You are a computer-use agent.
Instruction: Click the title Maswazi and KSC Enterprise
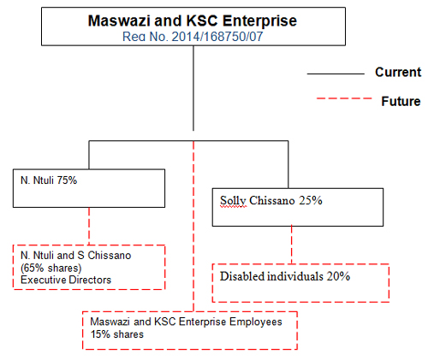tap(193, 21)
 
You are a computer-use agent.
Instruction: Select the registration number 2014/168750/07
tap(217, 37)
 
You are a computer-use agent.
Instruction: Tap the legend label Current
tap(398, 72)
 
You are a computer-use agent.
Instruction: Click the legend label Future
tap(401, 101)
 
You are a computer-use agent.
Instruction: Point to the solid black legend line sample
tap(336, 74)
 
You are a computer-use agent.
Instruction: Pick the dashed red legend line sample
tap(344, 98)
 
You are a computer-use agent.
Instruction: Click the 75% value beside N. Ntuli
tap(67, 180)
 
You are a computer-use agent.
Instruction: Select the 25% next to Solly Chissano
tap(311, 200)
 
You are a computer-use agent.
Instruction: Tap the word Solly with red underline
tap(233, 201)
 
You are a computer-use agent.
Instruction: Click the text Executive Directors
tap(66, 280)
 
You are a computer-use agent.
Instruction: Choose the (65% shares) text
tap(51, 268)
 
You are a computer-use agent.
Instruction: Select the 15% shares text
tap(117, 334)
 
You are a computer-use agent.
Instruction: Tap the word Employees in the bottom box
tap(256, 322)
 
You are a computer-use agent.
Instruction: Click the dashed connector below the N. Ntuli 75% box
tap(89, 226)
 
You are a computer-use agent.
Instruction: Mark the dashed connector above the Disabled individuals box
tap(291, 245)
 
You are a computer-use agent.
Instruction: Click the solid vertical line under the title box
tap(193, 88)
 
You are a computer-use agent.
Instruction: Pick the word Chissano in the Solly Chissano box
tap(272, 200)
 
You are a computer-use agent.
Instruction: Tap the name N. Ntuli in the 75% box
tap(37, 180)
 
